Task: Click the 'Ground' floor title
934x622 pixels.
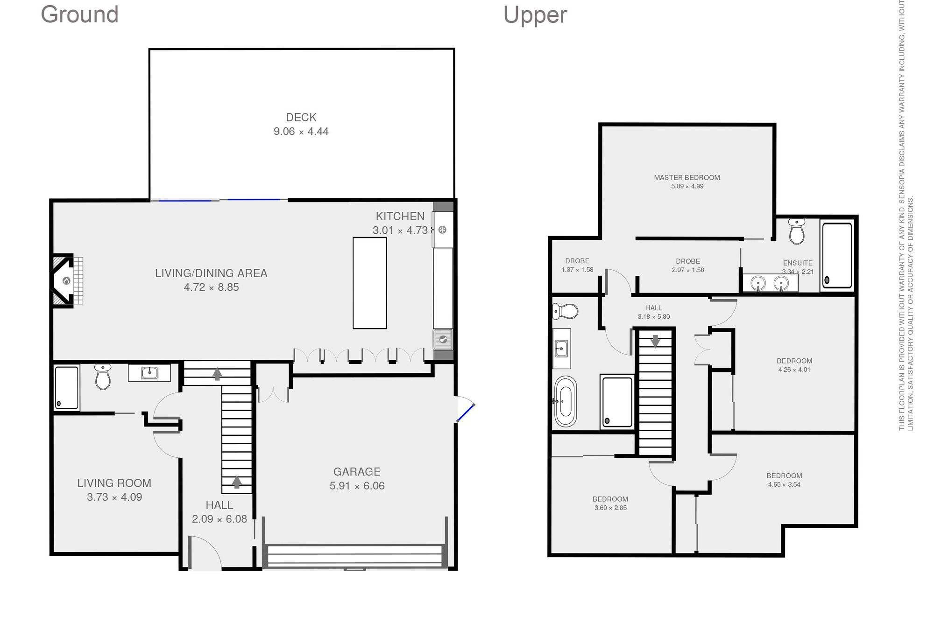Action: [80, 14]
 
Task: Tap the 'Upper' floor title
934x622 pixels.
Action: [535, 15]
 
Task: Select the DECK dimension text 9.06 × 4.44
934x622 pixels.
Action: [301, 132]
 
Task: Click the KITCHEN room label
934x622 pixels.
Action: [400, 216]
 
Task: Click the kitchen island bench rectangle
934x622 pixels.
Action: [370, 283]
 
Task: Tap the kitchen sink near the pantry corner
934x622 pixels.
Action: [443, 339]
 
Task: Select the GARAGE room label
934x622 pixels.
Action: [357, 472]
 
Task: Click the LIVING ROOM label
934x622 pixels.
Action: [114, 483]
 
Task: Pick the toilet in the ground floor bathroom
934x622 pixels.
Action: [103, 376]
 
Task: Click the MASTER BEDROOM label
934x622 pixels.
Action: [687, 177]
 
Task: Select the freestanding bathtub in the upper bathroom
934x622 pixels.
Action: [566, 401]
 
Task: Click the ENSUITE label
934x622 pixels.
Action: [798, 263]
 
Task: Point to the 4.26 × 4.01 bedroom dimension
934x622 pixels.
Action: [794, 370]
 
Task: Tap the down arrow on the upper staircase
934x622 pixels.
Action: [655, 341]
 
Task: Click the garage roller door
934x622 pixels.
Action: [355, 556]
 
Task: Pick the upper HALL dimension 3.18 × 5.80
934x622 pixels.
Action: [654, 316]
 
